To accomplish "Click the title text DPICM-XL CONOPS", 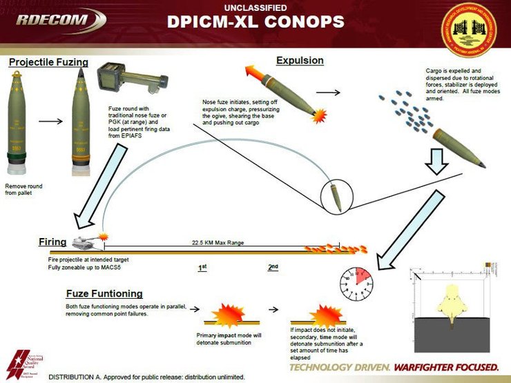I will [x=255, y=22].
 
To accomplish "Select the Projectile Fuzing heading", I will [x=48, y=62].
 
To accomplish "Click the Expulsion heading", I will [x=300, y=60].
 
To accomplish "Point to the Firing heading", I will [x=52, y=242].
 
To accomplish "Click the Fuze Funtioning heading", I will [x=104, y=293].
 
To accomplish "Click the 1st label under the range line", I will [x=202, y=267].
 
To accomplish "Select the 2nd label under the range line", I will [x=273, y=267].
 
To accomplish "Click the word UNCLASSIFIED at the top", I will [x=256, y=7].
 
